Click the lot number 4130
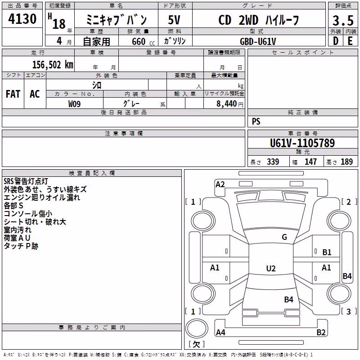[22, 19]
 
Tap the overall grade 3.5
[343, 20]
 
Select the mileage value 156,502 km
[53, 65]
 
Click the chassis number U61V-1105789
[302, 143]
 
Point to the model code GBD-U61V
[258, 41]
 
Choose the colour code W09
[74, 104]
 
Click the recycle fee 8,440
[227, 104]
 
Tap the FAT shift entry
[13, 94]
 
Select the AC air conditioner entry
[35, 94]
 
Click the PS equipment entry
[256, 121]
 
